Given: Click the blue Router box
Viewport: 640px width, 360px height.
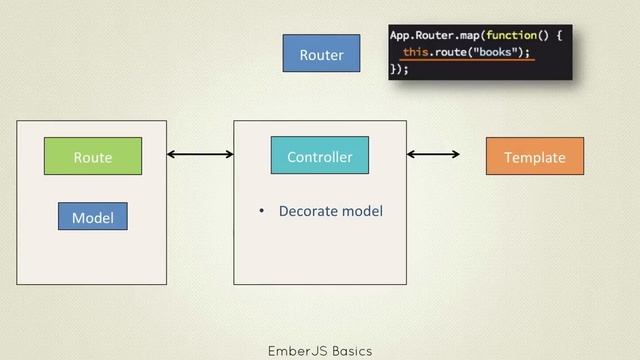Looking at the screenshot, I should click(x=321, y=54).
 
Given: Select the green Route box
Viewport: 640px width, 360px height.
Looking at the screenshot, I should click(x=92, y=157).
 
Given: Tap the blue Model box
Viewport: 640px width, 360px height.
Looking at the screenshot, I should click(x=92, y=217).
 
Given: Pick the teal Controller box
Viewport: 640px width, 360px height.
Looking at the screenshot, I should click(x=319, y=156).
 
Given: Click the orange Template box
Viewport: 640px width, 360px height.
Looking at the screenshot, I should click(x=534, y=157).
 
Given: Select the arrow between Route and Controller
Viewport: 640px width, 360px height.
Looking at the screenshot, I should click(x=200, y=154).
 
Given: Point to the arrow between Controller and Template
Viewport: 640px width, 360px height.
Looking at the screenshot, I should click(x=433, y=154).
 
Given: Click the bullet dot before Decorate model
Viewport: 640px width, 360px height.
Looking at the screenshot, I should click(x=261, y=212).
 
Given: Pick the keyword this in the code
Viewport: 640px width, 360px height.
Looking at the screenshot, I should click(x=418, y=52).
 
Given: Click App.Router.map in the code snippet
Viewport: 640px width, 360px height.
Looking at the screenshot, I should click(x=436, y=35).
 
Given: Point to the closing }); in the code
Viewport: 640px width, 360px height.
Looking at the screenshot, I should click(x=399, y=69).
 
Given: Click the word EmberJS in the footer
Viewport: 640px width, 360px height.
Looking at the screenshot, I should click(x=293, y=351).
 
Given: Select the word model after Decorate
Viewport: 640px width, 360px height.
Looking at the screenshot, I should click(x=363, y=211).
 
